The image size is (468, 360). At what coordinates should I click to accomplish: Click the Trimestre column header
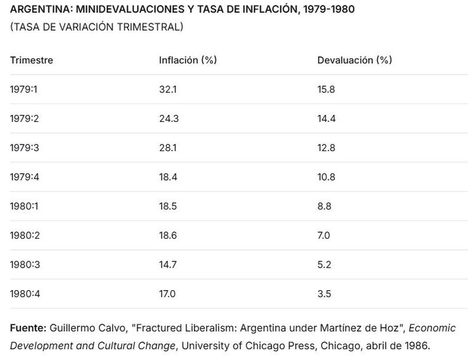pos(31,60)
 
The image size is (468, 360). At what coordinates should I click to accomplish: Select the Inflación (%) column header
pos(187,60)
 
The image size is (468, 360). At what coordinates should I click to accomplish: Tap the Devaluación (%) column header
pos(354,60)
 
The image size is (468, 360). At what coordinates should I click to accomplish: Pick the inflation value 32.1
pos(168,89)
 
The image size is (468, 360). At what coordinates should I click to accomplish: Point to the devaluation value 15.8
pos(326,89)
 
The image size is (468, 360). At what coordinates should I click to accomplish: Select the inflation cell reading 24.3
pos(169,118)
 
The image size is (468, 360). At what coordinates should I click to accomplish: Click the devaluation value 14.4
pos(327,118)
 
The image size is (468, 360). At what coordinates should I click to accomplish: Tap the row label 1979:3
pos(23,147)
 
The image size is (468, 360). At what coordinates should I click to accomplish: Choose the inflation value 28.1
pos(168,147)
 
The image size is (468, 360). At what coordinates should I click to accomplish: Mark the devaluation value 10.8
pos(327,177)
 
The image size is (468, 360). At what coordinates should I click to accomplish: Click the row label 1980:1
pos(23,206)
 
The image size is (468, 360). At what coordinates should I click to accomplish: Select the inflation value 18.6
pos(168,235)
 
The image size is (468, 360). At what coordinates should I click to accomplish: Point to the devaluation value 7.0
pos(323,235)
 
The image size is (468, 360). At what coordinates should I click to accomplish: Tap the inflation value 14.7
pos(168,265)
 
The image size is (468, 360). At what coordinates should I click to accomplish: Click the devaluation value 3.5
pos(324,294)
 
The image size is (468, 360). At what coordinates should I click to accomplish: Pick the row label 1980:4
pos(23,294)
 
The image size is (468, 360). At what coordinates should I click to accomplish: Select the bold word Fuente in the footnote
pos(28,327)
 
